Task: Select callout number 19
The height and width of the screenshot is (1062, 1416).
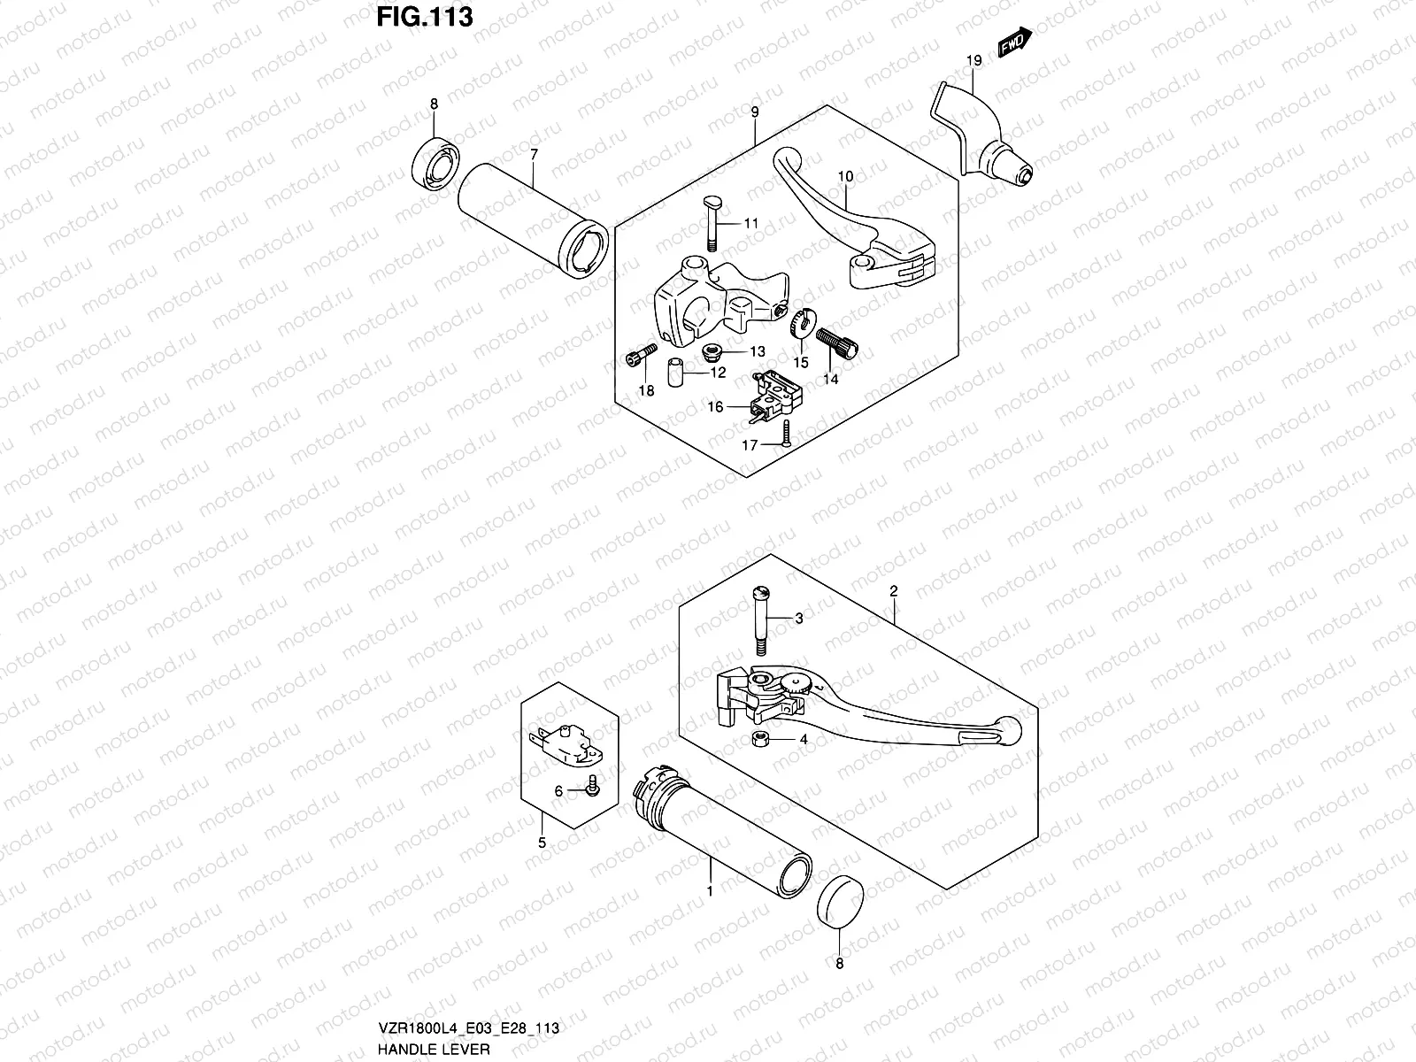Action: click(973, 61)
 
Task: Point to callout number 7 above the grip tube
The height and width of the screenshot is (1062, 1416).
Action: click(534, 154)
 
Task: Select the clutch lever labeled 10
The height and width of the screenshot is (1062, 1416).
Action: click(850, 226)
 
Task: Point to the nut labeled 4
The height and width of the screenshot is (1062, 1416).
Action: click(758, 739)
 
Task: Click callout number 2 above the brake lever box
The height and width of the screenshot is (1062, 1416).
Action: click(894, 589)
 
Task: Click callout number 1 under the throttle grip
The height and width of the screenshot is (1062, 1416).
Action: click(709, 891)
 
